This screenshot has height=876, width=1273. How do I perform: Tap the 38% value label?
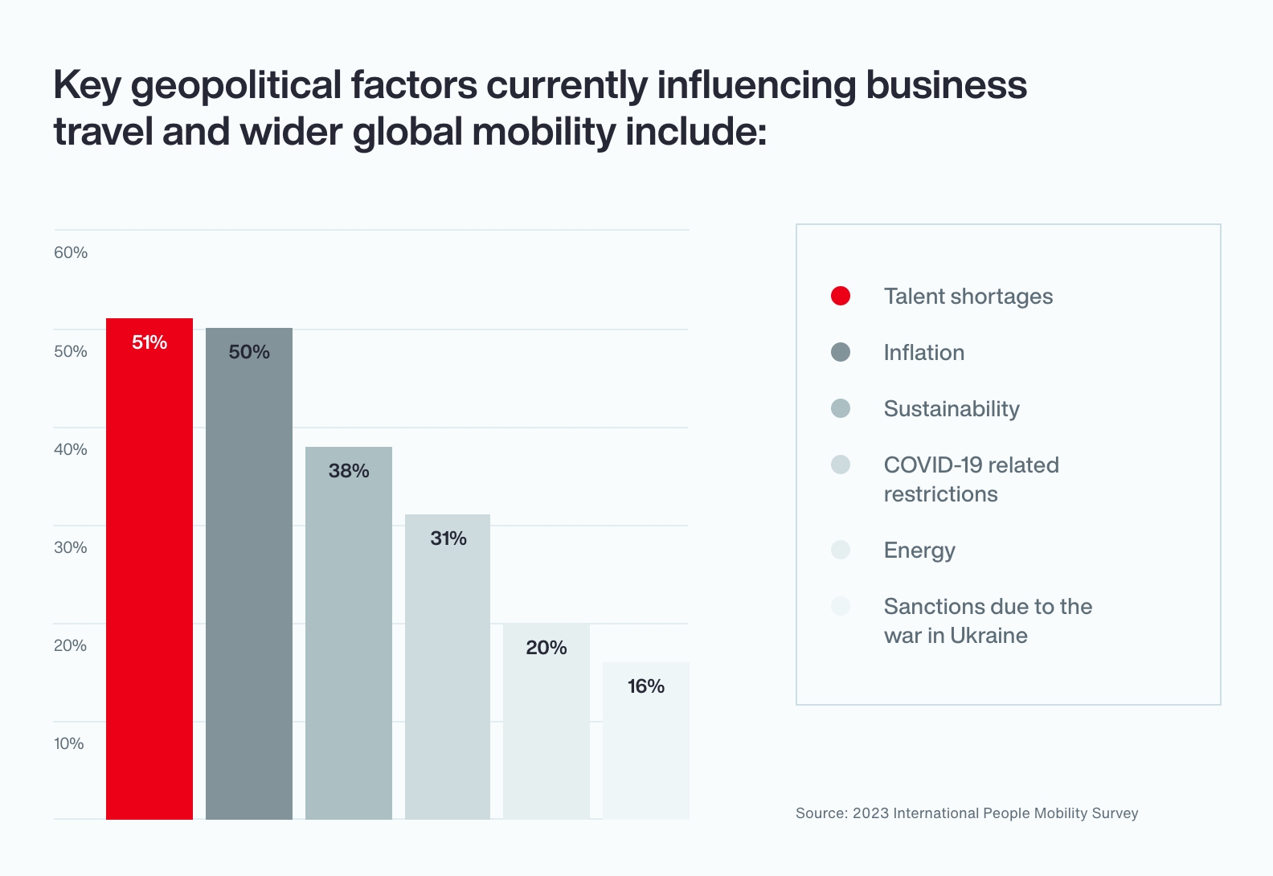(349, 471)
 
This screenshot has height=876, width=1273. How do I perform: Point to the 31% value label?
(448, 538)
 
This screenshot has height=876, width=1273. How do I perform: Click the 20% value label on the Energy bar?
(546, 648)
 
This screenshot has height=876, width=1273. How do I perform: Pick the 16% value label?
(646, 686)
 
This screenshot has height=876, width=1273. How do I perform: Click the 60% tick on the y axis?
(71, 252)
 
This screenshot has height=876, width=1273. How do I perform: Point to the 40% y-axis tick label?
(71, 449)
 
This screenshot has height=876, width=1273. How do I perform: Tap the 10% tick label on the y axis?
(69, 743)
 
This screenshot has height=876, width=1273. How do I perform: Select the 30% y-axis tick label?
(71, 547)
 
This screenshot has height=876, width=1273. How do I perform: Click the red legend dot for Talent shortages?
(841, 296)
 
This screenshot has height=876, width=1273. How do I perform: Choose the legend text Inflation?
(924, 353)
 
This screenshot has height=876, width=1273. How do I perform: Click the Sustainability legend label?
(952, 409)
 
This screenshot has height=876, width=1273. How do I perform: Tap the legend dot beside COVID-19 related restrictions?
(841, 465)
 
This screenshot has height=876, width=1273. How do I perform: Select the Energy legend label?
(919, 551)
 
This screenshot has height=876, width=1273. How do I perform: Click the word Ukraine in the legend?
(989, 636)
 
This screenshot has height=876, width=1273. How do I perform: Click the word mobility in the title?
(543, 132)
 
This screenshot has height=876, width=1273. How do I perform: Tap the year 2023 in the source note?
(870, 813)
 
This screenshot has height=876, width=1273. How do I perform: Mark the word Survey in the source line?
(1115, 813)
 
